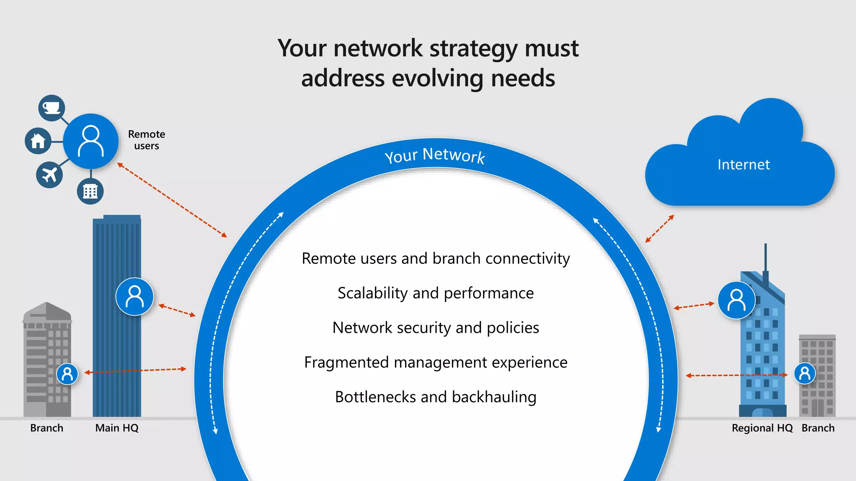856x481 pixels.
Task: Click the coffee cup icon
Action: tap(51, 108)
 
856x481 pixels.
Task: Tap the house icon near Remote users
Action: tap(38, 141)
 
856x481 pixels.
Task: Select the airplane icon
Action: tap(49, 175)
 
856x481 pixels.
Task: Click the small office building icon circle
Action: tap(90, 191)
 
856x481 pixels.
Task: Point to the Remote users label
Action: tap(146, 140)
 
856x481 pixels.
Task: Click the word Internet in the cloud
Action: tap(744, 165)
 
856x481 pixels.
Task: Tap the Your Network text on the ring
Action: tap(435, 155)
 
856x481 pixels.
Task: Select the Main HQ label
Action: tap(117, 428)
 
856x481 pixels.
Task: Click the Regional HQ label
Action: tap(762, 428)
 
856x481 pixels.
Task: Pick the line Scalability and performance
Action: tap(436, 293)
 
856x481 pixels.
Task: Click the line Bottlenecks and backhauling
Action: tap(436, 397)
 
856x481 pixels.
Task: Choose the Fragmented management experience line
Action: tap(436, 362)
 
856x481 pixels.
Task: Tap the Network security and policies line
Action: tap(436, 328)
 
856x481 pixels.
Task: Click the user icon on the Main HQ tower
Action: tap(135, 296)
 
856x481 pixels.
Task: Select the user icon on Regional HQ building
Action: tap(736, 300)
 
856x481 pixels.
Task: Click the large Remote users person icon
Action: tap(91, 141)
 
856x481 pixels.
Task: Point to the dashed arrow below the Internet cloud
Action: tap(660, 228)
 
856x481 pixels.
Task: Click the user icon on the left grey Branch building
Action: tap(67, 374)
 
